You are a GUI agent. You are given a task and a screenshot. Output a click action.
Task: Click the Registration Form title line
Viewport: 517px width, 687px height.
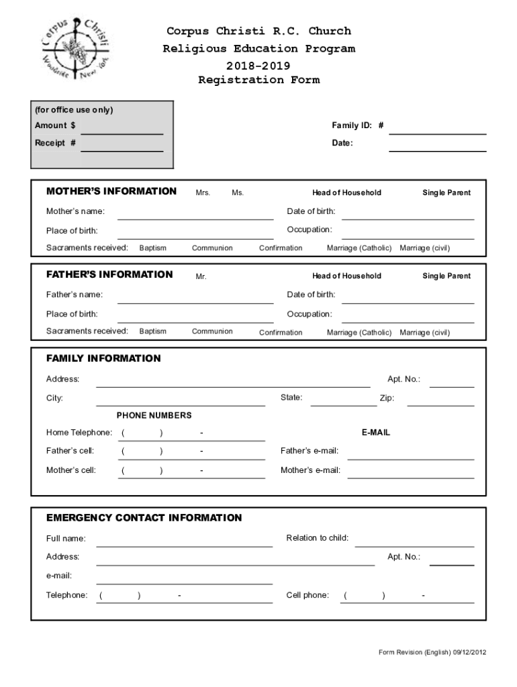click(258, 81)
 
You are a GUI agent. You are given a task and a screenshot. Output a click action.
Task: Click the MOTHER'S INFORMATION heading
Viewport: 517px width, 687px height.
click(111, 191)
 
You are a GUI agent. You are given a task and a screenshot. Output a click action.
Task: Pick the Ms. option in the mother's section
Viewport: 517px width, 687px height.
click(238, 193)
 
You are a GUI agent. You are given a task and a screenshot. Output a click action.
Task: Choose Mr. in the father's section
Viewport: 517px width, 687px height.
click(201, 276)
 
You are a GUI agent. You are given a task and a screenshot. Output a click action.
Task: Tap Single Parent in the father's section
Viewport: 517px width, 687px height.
click(446, 276)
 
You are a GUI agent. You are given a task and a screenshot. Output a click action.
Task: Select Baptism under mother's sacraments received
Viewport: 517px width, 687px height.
click(153, 248)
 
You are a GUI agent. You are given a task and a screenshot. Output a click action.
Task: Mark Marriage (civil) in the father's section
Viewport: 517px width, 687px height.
click(425, 333)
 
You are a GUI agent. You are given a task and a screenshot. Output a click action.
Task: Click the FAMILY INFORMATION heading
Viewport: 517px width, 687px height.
click(103, 358)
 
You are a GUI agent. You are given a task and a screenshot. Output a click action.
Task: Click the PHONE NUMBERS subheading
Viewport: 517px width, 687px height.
click(154, 415)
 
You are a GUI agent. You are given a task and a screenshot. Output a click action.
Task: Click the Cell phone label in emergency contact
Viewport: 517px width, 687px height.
click(308, 595)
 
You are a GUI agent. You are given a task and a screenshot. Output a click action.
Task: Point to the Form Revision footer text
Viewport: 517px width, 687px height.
click(432, 652)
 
